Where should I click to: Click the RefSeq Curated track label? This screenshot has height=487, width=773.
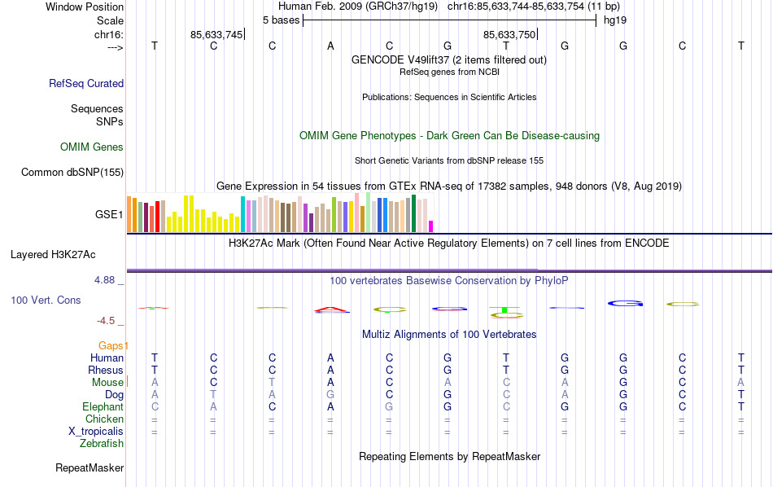tap(86, 83)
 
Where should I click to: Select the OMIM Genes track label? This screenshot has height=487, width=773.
tap(92, 147)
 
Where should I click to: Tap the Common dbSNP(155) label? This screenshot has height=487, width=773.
tap(72, 172)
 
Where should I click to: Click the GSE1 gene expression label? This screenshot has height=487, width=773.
tap(110, 215)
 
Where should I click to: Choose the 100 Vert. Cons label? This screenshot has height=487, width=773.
tap(46, 300)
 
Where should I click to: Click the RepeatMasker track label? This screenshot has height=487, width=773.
tap(90, 468)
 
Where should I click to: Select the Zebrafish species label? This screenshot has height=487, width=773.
tap(102, 444)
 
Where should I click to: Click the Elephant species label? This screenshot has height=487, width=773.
tap(103, 407)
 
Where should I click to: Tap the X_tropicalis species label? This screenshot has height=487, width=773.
tap(96, 432)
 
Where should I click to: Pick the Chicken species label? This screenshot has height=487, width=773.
tap(104, 419)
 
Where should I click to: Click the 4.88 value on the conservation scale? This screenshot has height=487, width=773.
tap(107, 280)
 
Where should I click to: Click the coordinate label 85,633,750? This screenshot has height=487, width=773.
tap(509, 34)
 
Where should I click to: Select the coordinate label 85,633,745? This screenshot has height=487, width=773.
tap(216, 34)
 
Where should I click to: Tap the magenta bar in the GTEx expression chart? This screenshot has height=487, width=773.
tap(431, 226)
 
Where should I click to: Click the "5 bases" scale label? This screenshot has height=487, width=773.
tap(281, 20)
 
